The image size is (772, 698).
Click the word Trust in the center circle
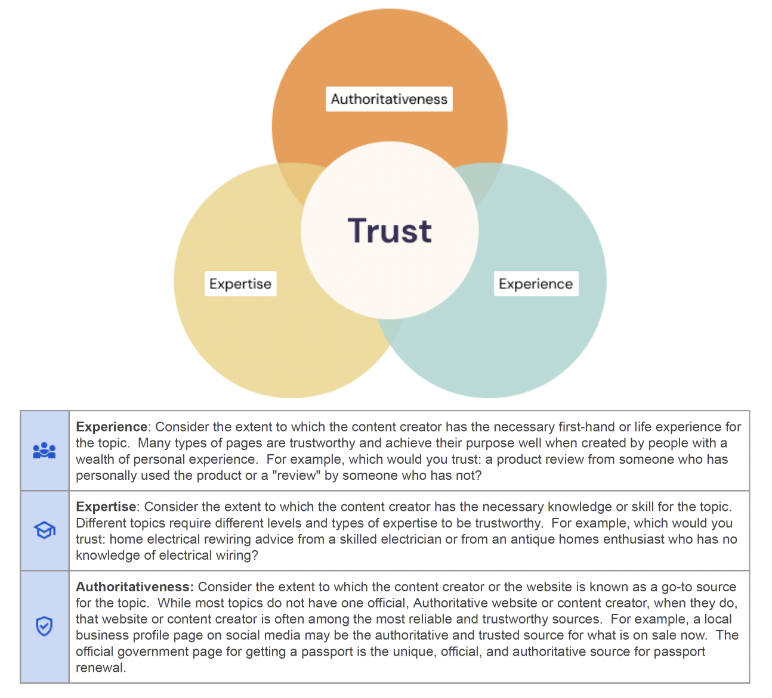coord(390,231)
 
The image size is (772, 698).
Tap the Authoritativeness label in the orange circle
coord(389,99)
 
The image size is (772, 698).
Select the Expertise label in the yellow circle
coord(240,284)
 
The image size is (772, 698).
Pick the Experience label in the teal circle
coord(536,284)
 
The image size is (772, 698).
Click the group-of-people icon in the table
coord(44,451)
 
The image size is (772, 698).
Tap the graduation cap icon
coord(45,531)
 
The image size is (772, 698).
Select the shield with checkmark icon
coord(44,626)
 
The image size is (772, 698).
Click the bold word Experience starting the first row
coord(112,427)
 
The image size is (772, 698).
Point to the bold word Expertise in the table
coord(106,507)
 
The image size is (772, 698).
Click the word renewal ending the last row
coord(101,668)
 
